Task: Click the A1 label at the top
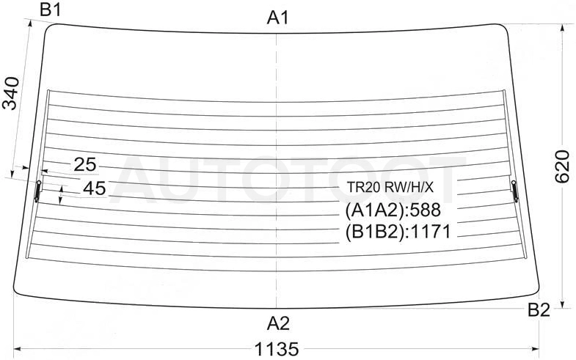(278, 18)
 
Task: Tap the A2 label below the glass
(278, 323)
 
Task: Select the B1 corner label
(51, 10)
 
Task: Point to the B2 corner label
(539, 310)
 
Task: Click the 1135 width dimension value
(277, 349)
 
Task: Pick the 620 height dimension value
(561, 166)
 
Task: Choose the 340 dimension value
(10, 94)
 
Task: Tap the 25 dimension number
(85, 164)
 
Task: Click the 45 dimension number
(95, 188)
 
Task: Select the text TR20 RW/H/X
(390, 188)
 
